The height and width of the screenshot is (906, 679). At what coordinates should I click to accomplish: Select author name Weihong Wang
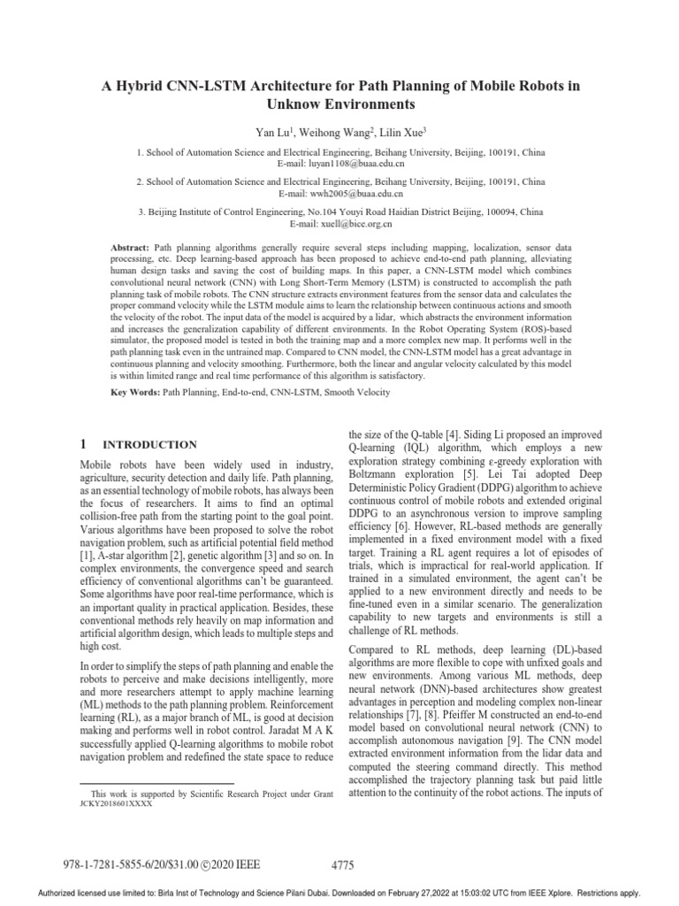324,132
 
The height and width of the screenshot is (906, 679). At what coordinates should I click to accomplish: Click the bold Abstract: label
129,243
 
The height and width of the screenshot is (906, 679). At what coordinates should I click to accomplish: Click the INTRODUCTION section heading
151,444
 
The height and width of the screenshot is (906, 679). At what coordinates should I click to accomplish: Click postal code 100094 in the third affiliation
489,212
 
